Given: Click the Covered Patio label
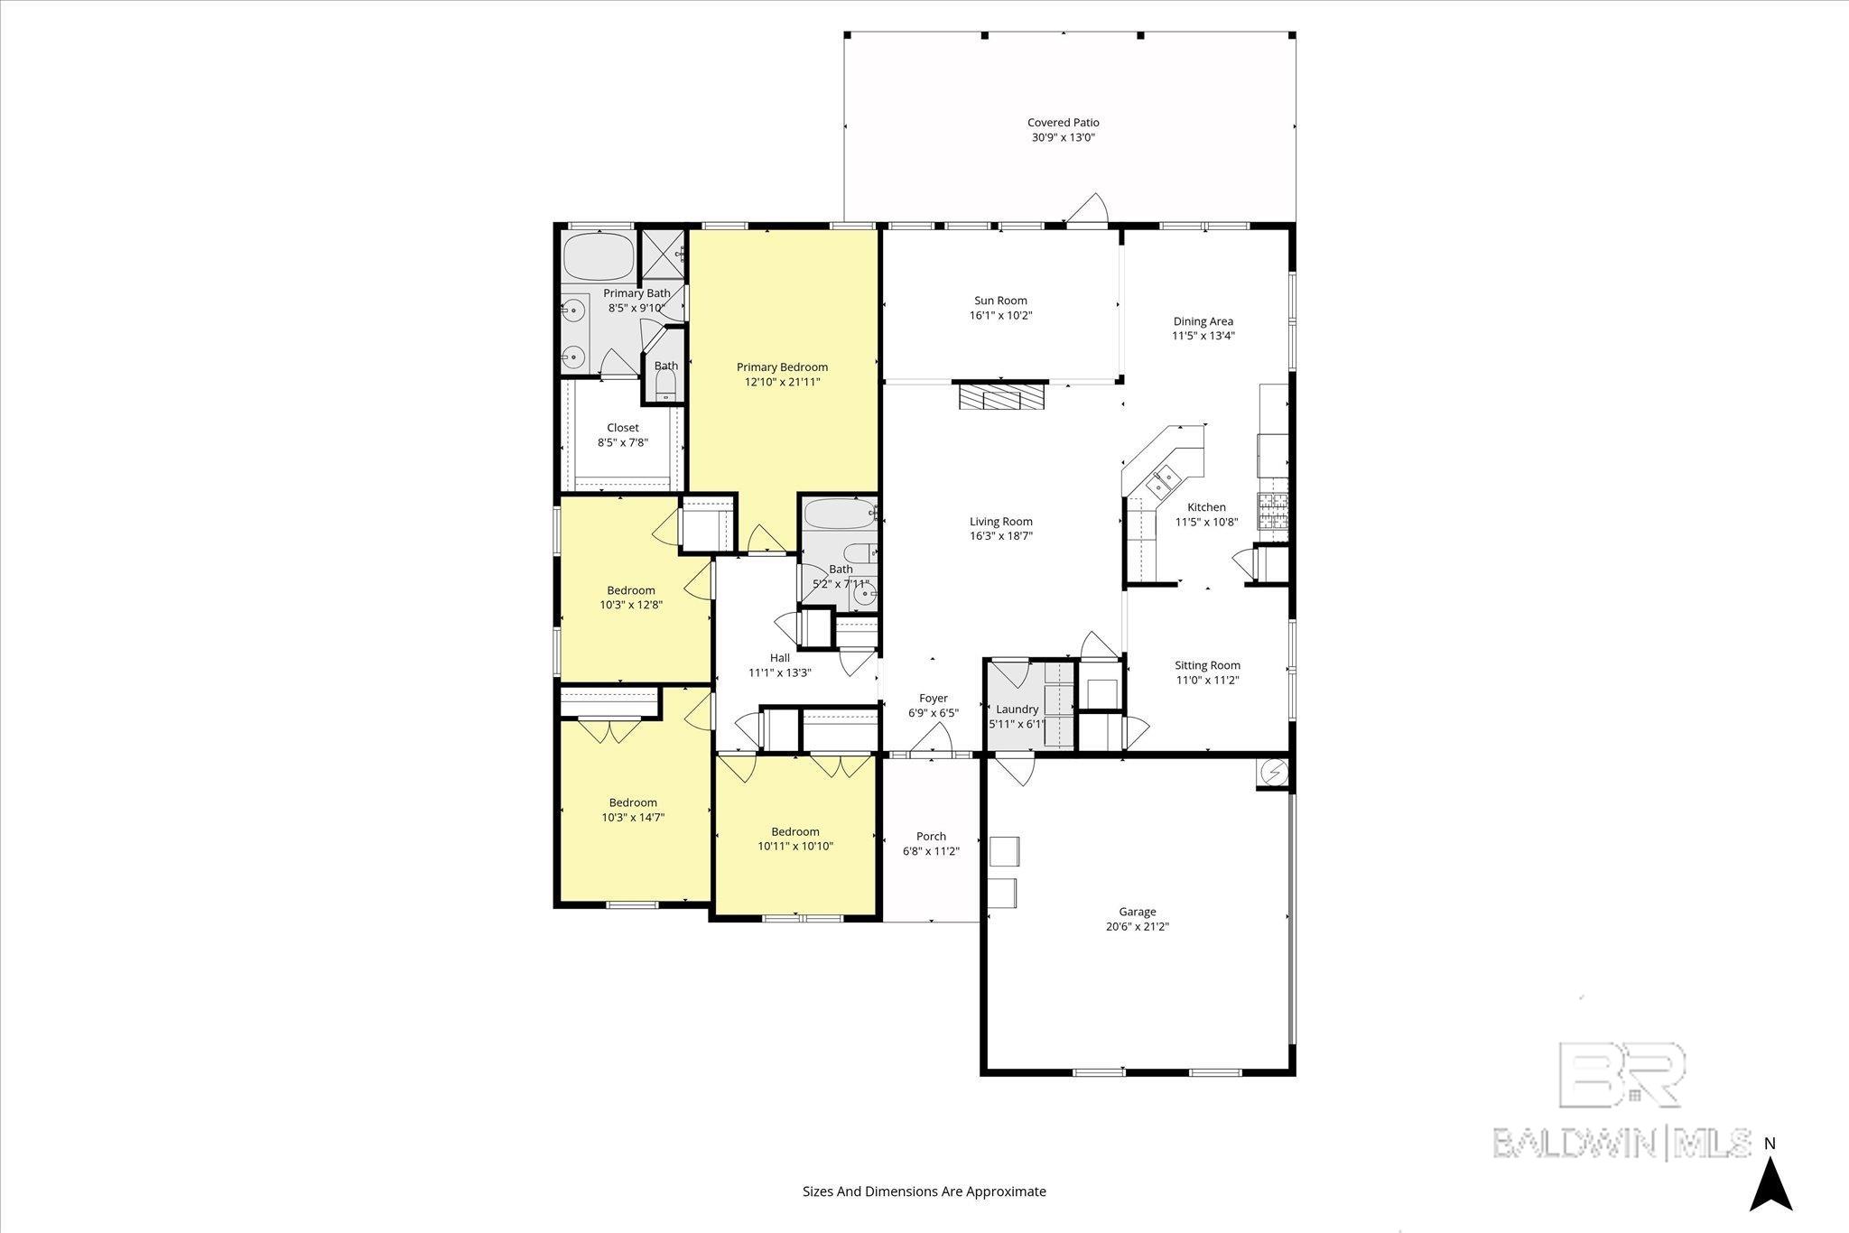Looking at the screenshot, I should (1063, 123).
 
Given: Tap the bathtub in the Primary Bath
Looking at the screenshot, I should (599, 256).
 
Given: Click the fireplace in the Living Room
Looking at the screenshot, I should (1000, 397).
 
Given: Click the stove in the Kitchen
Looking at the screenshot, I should (1274, 511).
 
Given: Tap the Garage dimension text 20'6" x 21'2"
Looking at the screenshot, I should (1137, 926).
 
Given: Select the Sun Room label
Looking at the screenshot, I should (1000, 301).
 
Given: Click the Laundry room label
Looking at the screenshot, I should (1017, 709).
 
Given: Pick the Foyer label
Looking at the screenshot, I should (933, 699).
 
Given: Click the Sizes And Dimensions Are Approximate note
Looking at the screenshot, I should (924, 1191).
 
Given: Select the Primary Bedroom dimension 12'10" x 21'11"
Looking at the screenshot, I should (782, 383).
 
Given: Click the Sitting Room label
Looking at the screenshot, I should (1207, 666).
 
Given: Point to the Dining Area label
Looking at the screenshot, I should (1203, 321).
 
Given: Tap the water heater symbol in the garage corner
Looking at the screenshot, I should (1274, 774).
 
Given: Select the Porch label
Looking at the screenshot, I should (931, 837).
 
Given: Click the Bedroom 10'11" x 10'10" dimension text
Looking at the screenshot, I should (794, 847).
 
